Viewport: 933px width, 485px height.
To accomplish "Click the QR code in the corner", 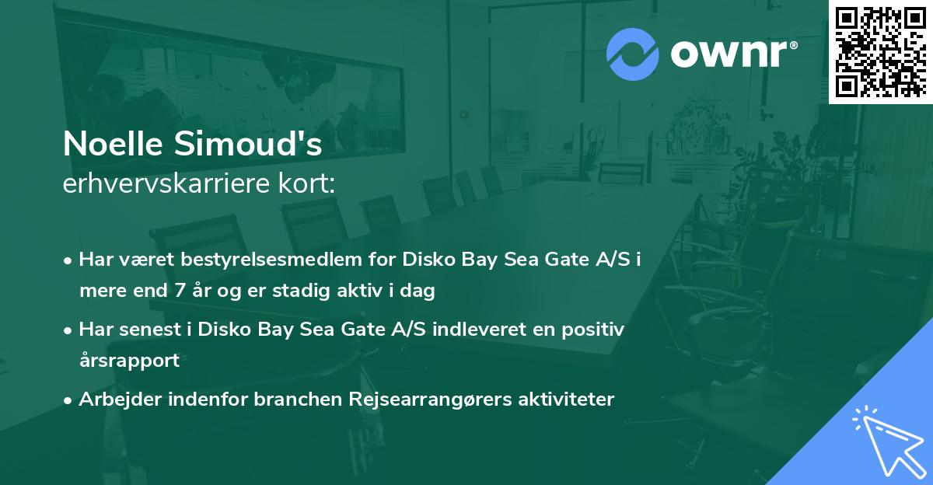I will pos(880,51).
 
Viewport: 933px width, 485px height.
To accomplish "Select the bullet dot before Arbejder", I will pos(68,400).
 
